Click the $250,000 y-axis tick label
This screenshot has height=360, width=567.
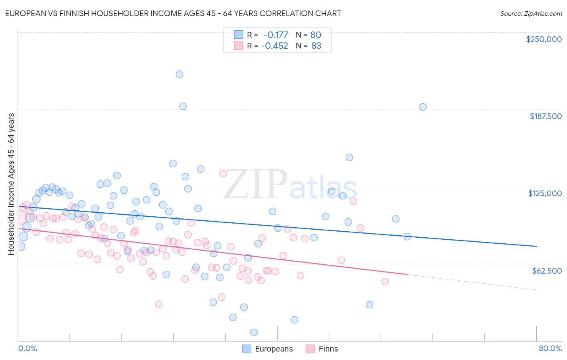click(544, 39)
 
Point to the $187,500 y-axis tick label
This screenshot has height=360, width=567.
click(545, 116)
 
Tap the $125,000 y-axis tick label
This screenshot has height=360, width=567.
click(545, 193)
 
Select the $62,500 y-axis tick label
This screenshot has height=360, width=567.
click(546, 271)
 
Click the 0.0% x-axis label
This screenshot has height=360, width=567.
click(27, 348)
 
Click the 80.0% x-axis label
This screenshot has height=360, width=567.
click(550, 348)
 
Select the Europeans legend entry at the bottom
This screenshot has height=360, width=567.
click(268, 349)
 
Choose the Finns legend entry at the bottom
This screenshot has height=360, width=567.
click(322, 349)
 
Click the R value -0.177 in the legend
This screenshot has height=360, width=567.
click(275, 35)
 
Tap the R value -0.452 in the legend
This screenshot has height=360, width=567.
click(275, 46)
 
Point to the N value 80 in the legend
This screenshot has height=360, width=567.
click(316, 35)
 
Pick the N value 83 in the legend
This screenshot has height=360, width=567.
click(316, 46)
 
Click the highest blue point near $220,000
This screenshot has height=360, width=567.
click(179, 74)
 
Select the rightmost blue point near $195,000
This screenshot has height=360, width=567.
click(423, 107)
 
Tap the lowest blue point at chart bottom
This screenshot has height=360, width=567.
click(254, 333)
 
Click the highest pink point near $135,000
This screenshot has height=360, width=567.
click(223, 174)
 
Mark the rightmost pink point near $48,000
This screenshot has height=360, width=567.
click(385, 281)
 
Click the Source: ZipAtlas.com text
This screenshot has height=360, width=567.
click(531, 13)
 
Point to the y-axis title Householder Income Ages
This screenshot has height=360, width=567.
click(11, 184)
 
